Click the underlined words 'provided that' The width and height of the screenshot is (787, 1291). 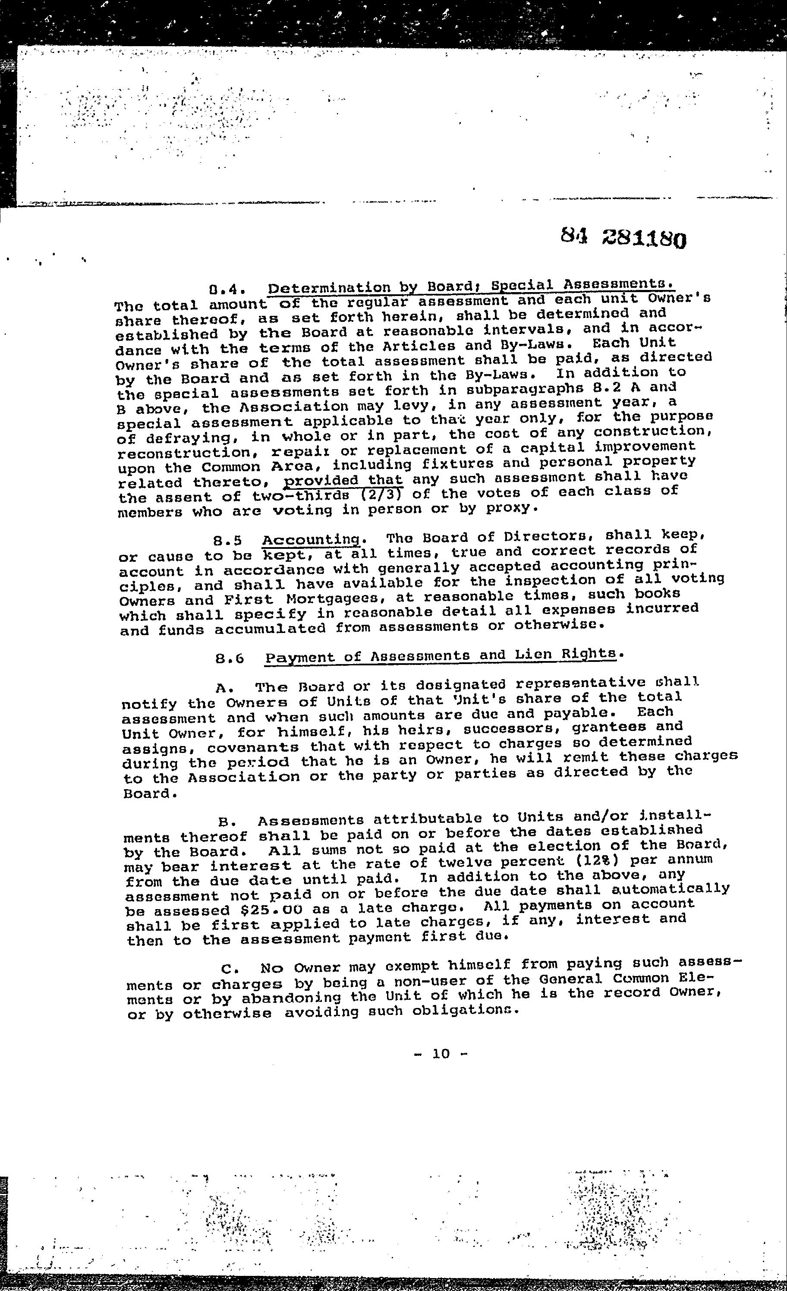pos(343,480)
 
